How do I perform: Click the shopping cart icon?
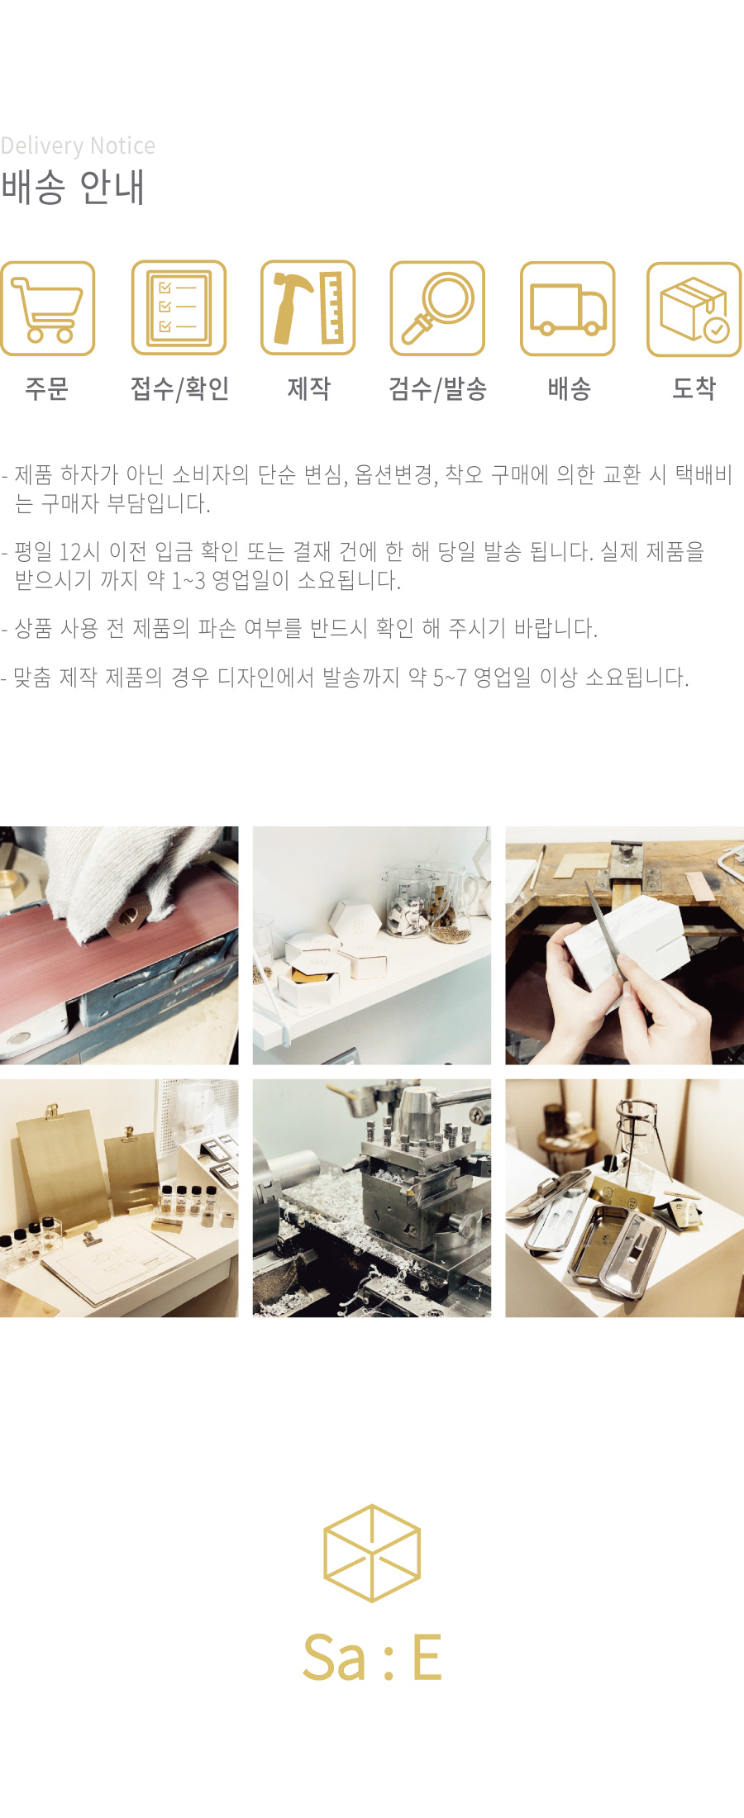tap(47, 308)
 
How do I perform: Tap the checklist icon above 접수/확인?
tap(179, 308)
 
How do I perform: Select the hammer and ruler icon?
tap(308, 308)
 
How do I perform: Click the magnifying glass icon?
tap(437, 308)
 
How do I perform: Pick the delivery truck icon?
tap(568, 308)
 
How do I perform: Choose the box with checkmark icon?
tap(694, 309)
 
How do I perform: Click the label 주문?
tap(47, 388)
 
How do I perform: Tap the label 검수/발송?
tap(437, 388)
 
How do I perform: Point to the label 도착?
tap(694, 388)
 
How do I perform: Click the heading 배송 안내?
tap(73, 187)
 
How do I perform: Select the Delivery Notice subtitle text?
tap(78, 145)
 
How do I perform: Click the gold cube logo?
tap(372, 1553)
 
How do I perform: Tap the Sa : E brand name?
tap(372, 1657)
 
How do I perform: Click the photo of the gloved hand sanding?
tap(119, 945)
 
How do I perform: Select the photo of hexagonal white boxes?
tap(372, 945)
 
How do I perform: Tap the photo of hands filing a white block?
tap(625, 945)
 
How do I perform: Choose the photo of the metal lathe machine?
tap(372, 1198)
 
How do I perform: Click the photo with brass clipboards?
tap(119, 1198)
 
